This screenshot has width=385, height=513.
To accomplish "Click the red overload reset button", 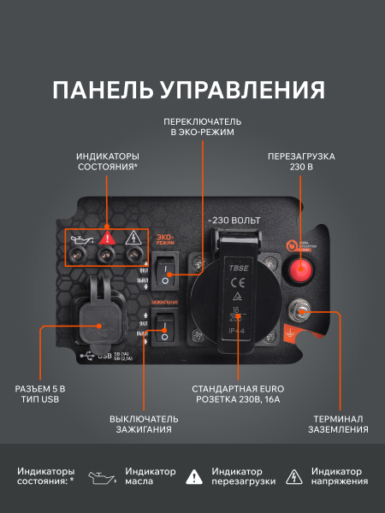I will pos(300,270).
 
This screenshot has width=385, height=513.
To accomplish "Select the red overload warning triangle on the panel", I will pos(106,238).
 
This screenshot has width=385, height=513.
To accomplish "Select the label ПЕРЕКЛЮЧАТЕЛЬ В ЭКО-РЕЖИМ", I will pos(203,127).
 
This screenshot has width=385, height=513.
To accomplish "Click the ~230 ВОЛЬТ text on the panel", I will pos(234,221).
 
